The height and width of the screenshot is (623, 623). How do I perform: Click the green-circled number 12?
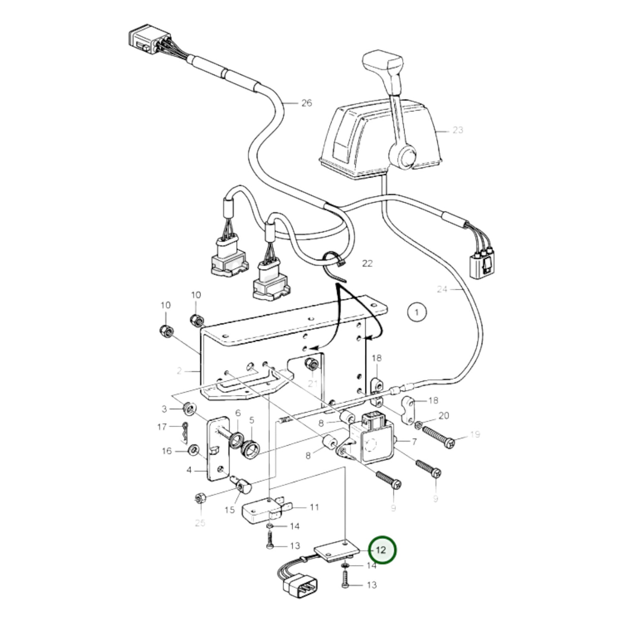pyautogui.click(x=381, y=550)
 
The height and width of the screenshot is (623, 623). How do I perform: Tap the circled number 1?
pyautogui.click(x=416, y=312)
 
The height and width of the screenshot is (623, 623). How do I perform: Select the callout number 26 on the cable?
pyautogui.click(x=306, y=103)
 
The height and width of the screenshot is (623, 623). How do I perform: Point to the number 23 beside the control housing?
pyautogui.click(x=457, y=129)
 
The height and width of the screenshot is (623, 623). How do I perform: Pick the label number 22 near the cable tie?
pyautogui.click(x=367, y=263)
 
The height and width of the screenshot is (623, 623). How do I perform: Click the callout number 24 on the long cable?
pyautogui.click(x=442, y=289)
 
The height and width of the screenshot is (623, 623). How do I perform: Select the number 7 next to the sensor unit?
pyautogui.click(x=414, y=441)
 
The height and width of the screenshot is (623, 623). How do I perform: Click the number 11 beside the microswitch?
pyautogui.click(x=314, y=507)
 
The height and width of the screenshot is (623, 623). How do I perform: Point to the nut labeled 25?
pyautogui.click(x=200, y=499)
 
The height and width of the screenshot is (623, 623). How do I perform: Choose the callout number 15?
pyautogui.click(x=229, y=510)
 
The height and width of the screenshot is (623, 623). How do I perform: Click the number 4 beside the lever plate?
pyautogui.click(x=189, y=470)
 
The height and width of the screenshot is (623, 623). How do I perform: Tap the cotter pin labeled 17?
pyautogui.click(x=185, y=432)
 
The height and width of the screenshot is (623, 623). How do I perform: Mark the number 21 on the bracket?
pyautogui.click(x=313, y=383)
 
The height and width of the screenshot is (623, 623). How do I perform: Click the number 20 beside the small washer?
pyautogui.click(x=443, y=416)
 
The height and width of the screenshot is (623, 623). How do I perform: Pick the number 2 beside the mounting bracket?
pyautogui.click(x=179, y=370)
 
